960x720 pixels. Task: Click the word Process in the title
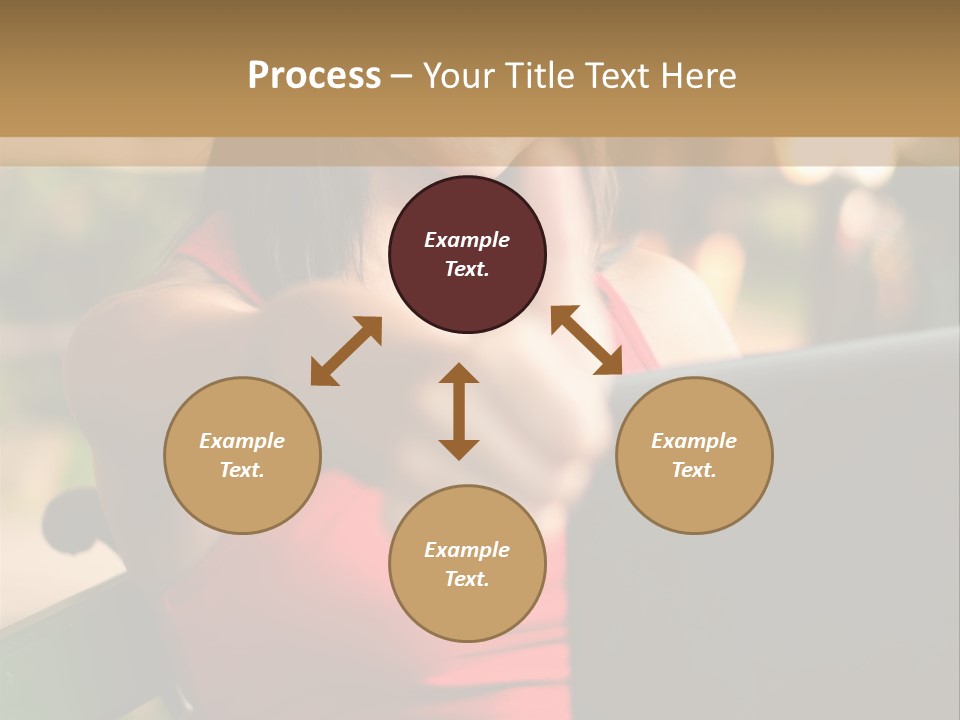tap(314, 76)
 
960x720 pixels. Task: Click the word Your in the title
tap(460, 76)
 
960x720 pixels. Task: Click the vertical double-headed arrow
tap(459, 411)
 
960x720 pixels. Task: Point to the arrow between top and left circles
tap(346, 350)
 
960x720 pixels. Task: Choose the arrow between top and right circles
tap(587, 340)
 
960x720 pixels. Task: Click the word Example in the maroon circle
tap(467, 240)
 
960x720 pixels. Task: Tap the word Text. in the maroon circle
tap(467, 269)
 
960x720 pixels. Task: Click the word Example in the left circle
tap(242, 441)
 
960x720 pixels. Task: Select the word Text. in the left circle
tap(242, 470)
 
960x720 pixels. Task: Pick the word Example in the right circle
tap(694, 441)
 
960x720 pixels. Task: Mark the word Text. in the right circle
tap(694, 470)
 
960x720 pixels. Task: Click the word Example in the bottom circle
tap(467, 550)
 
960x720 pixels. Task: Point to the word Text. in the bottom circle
tap(467, 579)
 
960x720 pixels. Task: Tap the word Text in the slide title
tap(619, 76)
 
